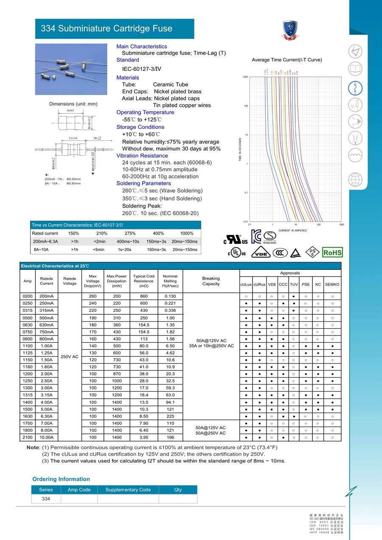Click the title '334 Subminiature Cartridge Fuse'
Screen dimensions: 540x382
tap(106, 29)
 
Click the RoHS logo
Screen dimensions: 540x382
tap(332, 253)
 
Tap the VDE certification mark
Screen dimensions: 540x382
tap(261, 253)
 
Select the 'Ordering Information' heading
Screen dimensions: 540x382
tap(61, 479)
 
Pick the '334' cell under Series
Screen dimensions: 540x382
tap(46, 499)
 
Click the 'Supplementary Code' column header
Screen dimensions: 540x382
tap(128, 490)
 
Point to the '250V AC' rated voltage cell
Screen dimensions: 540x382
tap(70, 356)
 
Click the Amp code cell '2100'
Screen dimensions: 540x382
tap(28, 437)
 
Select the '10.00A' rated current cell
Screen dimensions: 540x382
tap(47, 437)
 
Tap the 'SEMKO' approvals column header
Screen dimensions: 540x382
tap(332, 284)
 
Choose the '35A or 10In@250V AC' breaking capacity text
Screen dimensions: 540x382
tap(211, 346)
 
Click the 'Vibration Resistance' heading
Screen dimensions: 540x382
tap(142, 156)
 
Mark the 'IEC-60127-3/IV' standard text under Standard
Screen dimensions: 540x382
tap(142, 69)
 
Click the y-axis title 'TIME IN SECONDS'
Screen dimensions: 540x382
tap(240, 149)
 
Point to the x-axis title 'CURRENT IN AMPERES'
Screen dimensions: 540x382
tap(292, 230)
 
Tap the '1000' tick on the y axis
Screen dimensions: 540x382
tap(245, 77)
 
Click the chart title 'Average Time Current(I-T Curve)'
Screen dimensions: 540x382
tap(287, 60)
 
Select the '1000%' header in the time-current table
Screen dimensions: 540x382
tap(186, 233)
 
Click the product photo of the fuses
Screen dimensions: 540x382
tap(71, 69)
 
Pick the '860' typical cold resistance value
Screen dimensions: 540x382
tap(143, 296)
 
